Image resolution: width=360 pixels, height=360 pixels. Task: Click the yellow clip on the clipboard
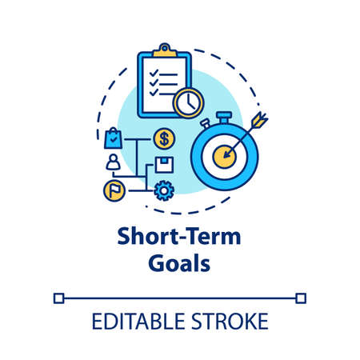coord(166,51)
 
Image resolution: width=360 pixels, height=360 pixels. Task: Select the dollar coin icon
coord(164,138)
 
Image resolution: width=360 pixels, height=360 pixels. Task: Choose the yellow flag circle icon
coord(114,190)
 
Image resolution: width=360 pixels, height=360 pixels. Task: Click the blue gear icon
coord(164,191)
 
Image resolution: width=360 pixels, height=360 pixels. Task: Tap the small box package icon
coord(164,166)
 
